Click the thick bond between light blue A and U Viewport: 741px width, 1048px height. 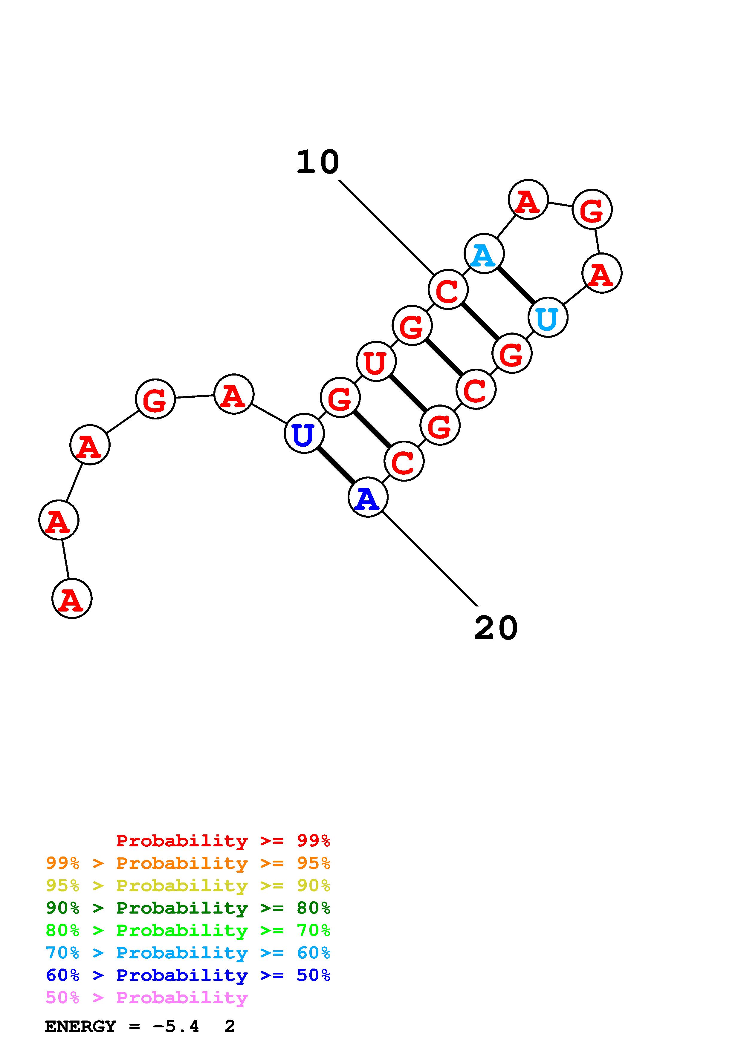tap(516, 285)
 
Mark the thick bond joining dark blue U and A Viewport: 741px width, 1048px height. tap(336, 465)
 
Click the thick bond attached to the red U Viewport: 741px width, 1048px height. tap(408, 393)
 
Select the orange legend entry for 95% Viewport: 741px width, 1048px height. tap(188, 863)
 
